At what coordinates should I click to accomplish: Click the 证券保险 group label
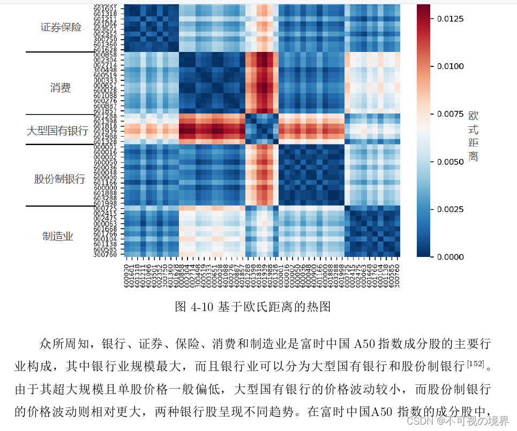pyautogui.click(x=62, y=27)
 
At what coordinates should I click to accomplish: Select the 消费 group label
pyautogui.click(x=60, y=88)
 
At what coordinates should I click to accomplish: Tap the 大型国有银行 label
pyautogui.click(x=57, y=130)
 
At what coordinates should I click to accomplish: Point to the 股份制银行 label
pyautogui.click(x=59, y=179)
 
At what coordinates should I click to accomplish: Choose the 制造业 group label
pyautogui.click(x=58, y=236)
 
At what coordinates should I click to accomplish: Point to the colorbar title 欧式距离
pyautogui.click(x=473, y=136)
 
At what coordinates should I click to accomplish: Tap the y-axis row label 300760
pyautogui.click(x=105, y=254)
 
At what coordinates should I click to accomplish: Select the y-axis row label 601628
pyautogui.click(x=105, y=49)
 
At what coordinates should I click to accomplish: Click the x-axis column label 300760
pyautogui.click(x=398, y=274)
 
